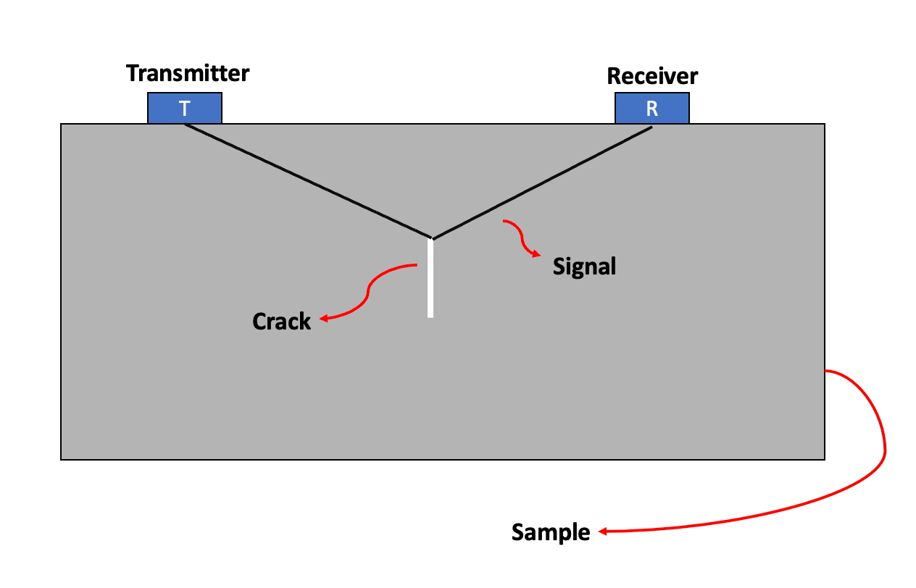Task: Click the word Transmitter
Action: point(188,74)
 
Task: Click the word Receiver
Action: point(652,76)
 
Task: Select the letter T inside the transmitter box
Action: point(185,109)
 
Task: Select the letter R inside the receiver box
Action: point(652,109)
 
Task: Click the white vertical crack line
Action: point(430,279)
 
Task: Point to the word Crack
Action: point(281,321)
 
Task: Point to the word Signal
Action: point(584,266)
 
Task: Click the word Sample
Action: point(551,532)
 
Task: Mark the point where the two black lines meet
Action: point(433,238)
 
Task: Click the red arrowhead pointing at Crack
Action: point(323,319)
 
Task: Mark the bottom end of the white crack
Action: point(430,316)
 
